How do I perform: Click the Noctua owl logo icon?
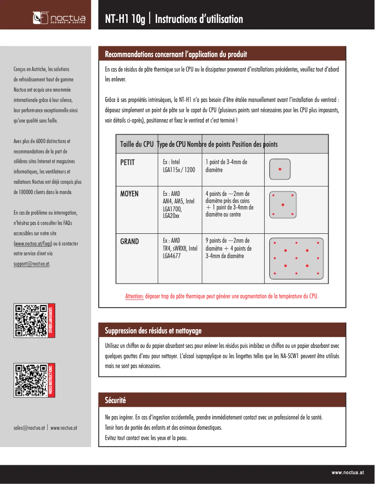coord(39,18)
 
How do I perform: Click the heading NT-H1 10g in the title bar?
coord(125,19)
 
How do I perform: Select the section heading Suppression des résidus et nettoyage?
coord(153,331)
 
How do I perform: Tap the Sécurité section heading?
coord(115,400)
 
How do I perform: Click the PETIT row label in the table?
coord(127,162)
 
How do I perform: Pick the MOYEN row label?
coord(129,194)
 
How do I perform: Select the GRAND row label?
coord(129,241)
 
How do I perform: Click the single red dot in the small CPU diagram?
coord(280,169)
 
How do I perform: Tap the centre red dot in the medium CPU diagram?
coord(282,205)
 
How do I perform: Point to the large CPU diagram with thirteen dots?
coord(296,258)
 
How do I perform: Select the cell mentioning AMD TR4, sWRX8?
coord(180,248)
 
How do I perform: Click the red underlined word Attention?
coord(134,296)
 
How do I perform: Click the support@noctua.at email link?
coord(32,263)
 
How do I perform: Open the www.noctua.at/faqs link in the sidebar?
coord(33,244)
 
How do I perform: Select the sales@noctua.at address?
coord(29,427)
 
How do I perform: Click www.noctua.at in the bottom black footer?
coord(350,473)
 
